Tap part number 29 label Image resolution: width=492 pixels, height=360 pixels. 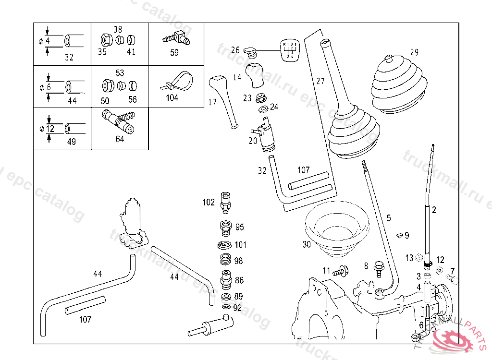click(414, 52)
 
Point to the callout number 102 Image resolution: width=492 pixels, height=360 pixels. click(209, 202)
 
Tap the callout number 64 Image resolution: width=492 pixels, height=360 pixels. click(120, 139)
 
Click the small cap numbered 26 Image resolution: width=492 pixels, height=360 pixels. click(249, 50)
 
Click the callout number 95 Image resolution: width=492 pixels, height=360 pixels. click(239, 227)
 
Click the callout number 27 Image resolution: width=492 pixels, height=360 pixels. click(320, 81)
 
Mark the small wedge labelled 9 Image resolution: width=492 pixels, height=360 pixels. click(398, 235)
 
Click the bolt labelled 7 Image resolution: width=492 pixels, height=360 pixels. click(451, 278)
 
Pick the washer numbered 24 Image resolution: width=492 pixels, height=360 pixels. click(263, 110)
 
